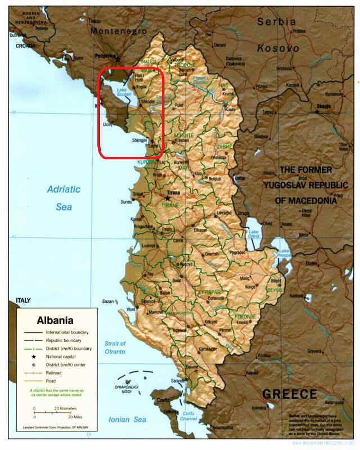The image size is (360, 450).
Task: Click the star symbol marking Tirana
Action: click(x=167, y=198)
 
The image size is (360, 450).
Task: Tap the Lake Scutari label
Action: click(x=123, y=93)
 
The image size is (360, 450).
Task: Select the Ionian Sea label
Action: click(x=128, y=419)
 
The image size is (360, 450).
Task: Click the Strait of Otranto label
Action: click(x=115, y=348)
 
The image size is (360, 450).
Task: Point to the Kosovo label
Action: click(x=278, y=49)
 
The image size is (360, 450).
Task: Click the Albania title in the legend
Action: click(x=55, y=321)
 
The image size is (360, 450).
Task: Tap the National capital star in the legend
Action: click(x=34, y=357)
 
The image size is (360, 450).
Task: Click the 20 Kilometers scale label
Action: click(x=65, y=408)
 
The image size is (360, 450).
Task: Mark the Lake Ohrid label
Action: click(x=254, y=235)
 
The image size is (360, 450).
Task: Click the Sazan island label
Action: click(x=108, y=302)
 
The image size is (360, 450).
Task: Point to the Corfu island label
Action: click(x=163, y=400)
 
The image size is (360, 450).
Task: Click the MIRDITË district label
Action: click(x=183, y=136)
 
